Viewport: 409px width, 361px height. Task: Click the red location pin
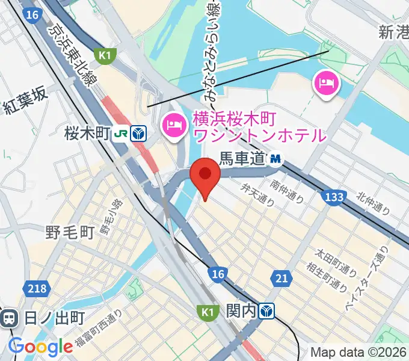click(204, 175)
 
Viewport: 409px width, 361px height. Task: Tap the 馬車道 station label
click(242, 159)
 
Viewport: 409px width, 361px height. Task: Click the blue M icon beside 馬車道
click(276, 159)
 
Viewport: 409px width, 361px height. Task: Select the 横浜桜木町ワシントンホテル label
click(259, 127)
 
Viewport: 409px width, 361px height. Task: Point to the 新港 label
click(393, 32)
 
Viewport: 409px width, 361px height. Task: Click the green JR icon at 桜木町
click(121, 134)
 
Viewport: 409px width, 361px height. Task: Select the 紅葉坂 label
click(24, 107)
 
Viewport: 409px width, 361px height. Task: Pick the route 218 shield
click(37, 289)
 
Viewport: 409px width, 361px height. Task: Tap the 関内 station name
click(241, 311)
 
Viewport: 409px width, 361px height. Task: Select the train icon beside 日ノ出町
click(9, 318)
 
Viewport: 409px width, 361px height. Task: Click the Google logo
click(40, 347)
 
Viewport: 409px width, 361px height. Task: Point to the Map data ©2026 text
click(358, 352)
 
